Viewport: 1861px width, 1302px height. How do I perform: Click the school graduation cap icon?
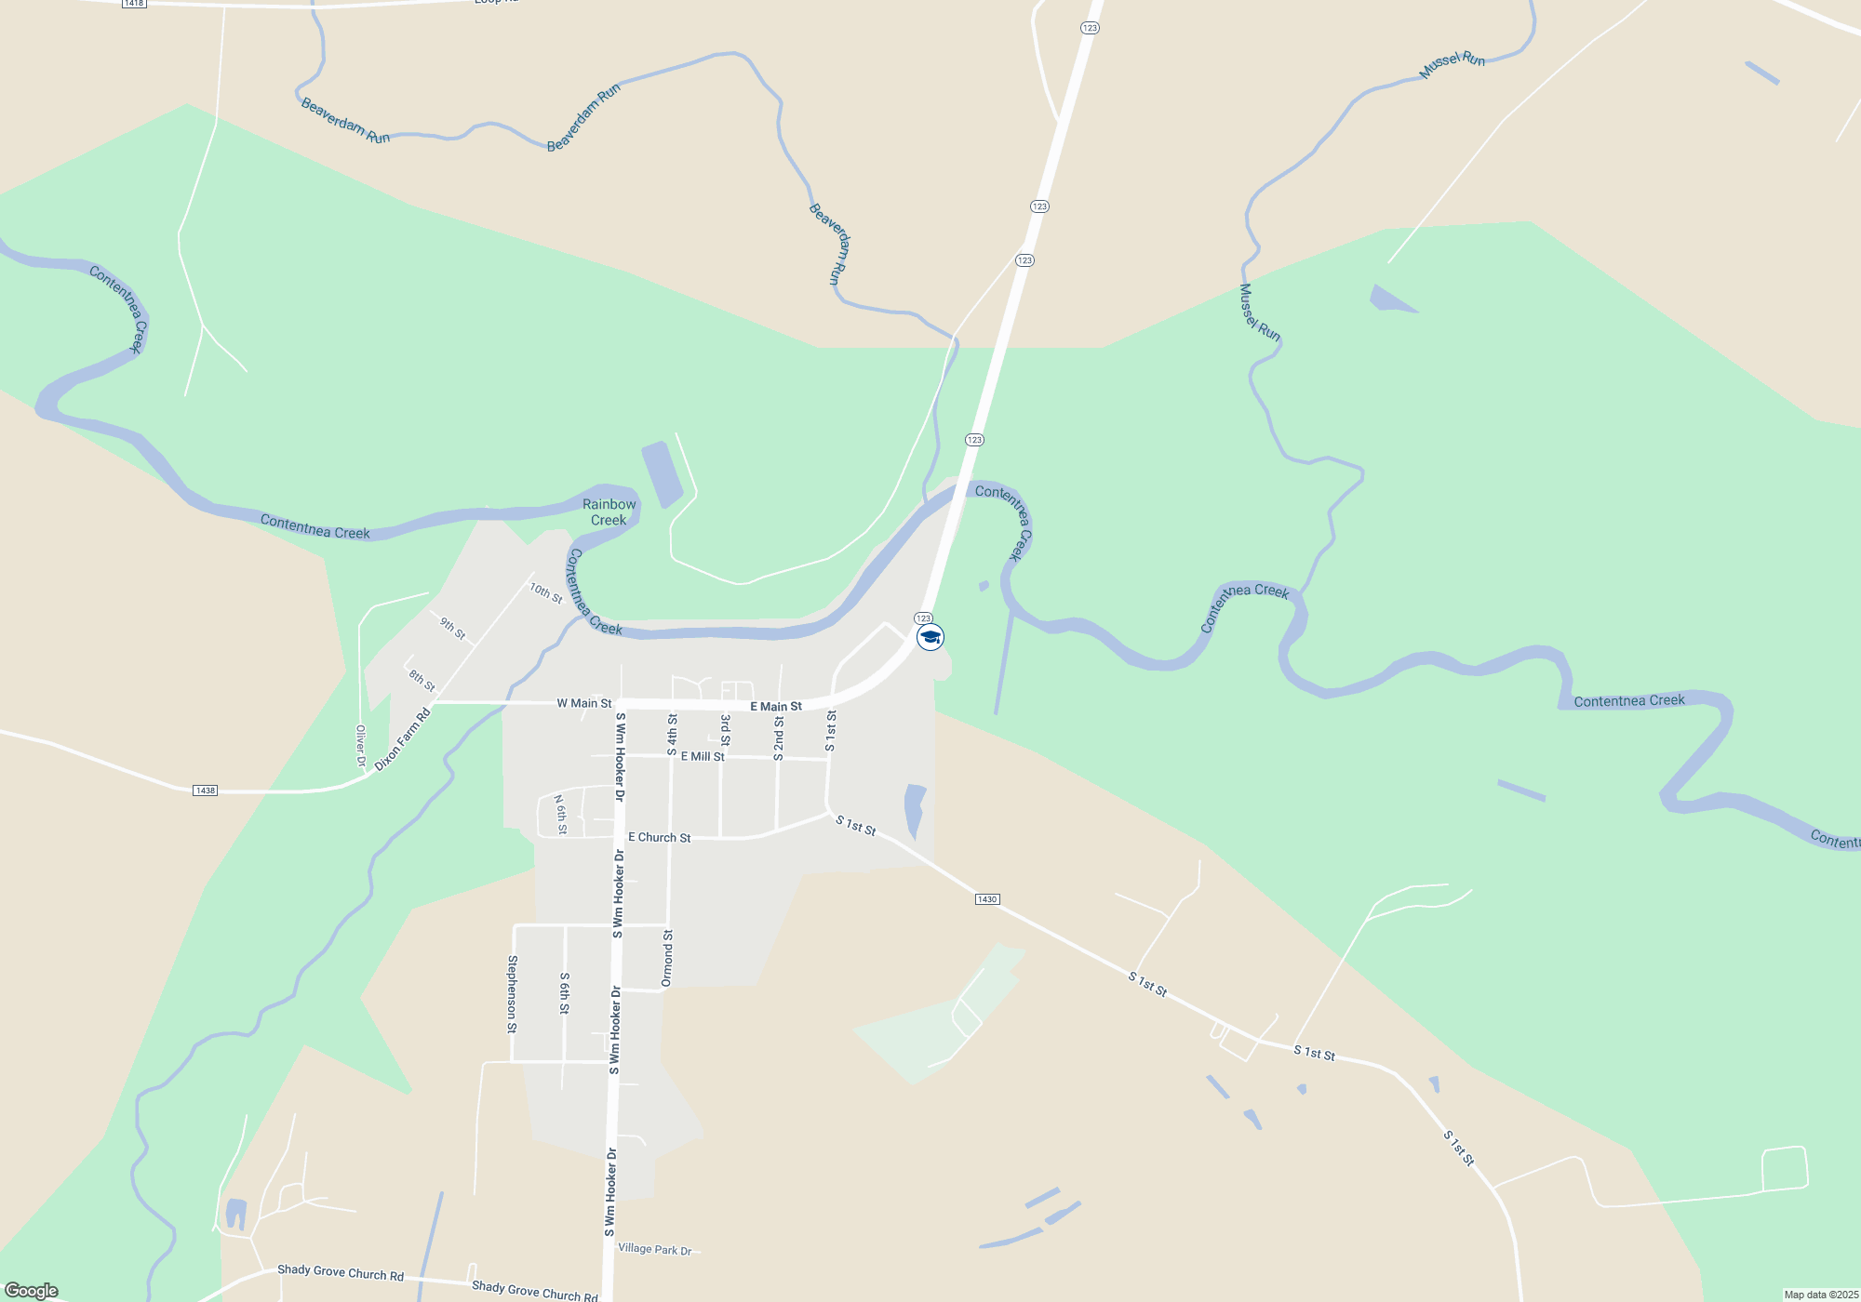tap(930, 637)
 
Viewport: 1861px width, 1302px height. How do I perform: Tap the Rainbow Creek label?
tap(609, 512)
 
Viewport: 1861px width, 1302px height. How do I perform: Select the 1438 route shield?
tap(205, 790)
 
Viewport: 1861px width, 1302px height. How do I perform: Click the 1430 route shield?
tap(987, 899)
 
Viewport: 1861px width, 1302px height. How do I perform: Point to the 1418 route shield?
tap(134, 4)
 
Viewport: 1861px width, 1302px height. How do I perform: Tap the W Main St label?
tap(584, 703)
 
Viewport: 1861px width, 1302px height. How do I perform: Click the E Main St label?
tap(776, 707)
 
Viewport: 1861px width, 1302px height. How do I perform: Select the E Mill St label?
tap(703, 757)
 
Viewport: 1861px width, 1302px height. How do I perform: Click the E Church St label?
tap(659, 838)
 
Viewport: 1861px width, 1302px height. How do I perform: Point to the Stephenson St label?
tap(512, 994)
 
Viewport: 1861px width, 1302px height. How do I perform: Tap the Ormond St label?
tap(667, 958)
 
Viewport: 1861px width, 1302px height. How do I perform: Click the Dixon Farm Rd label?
tap(403, 739)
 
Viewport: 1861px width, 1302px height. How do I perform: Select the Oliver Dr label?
tap(361, 746)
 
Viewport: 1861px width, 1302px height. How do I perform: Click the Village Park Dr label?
tap(655, 1249)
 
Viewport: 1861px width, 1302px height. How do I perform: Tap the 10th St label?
tap(546, 592)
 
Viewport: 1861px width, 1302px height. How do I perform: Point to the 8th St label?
tap(422, 681)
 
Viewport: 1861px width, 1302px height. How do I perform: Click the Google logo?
tap(32, 1291)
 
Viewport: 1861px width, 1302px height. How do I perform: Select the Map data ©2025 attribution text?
tap(1821, 1295)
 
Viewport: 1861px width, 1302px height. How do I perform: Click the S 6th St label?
tap(565, 993)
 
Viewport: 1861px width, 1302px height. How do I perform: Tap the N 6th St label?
tap(560, 815)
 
